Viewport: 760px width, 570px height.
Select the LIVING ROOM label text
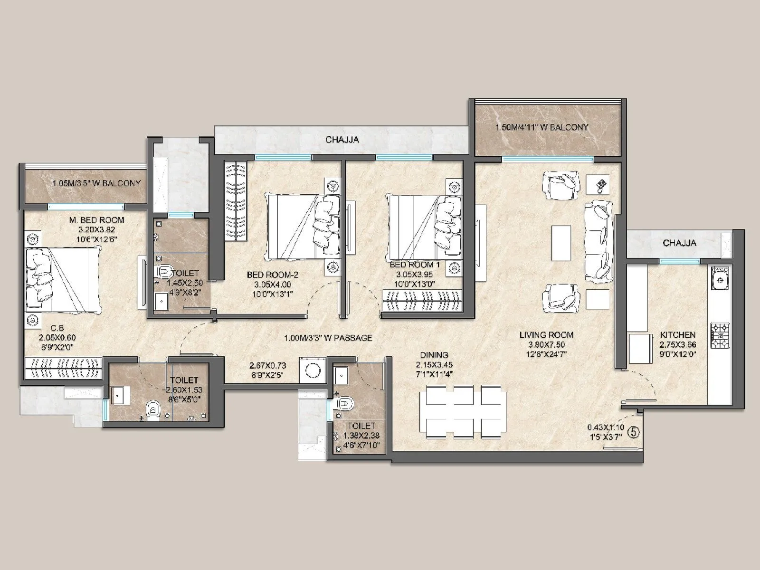(x=546, y=335)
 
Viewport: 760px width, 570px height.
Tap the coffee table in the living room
(x=560, y=243)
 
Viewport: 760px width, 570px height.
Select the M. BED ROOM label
(x=96, y=220)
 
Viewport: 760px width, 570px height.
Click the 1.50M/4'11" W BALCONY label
(x=541, y=127)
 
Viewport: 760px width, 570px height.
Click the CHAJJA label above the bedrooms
(x=342, y=140)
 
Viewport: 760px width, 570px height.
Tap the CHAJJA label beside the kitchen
(x=679, y=243)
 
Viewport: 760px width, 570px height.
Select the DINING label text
(x=434, y=355)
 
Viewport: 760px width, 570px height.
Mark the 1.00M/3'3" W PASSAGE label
(x=328, y=338)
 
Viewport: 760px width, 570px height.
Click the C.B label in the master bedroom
(x=57, y=328)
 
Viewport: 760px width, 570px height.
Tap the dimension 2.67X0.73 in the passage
(x=268, y=366)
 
